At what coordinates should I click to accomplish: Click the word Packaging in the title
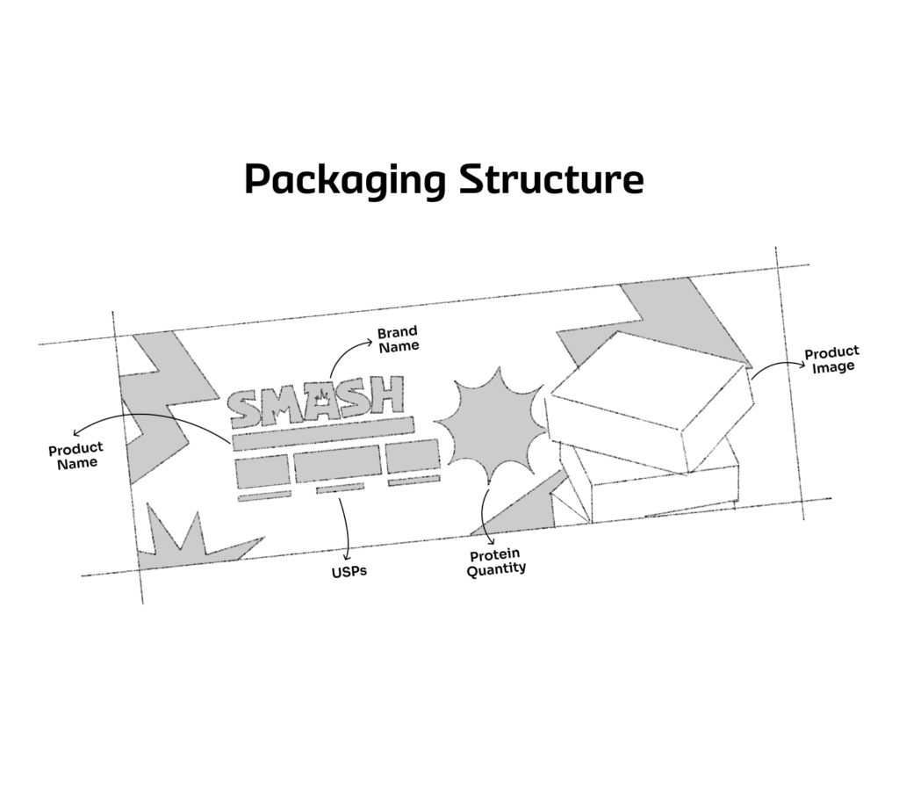click(345, 181)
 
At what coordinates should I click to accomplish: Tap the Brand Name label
click(398, 340)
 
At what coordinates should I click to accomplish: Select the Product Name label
click(76, 456)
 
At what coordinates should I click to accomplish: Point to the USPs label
click(349, 572)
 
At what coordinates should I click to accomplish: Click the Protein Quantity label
click(496, 562)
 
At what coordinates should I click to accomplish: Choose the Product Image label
click(832, 360)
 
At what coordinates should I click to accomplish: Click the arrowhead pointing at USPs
click(349, 555)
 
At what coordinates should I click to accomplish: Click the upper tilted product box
click(650, 400)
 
